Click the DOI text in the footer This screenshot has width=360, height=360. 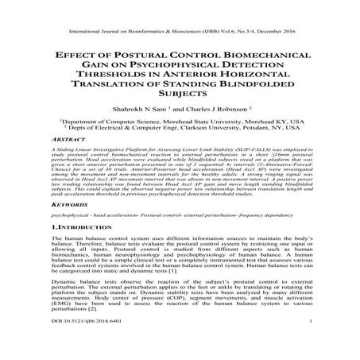click(79, 343)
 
